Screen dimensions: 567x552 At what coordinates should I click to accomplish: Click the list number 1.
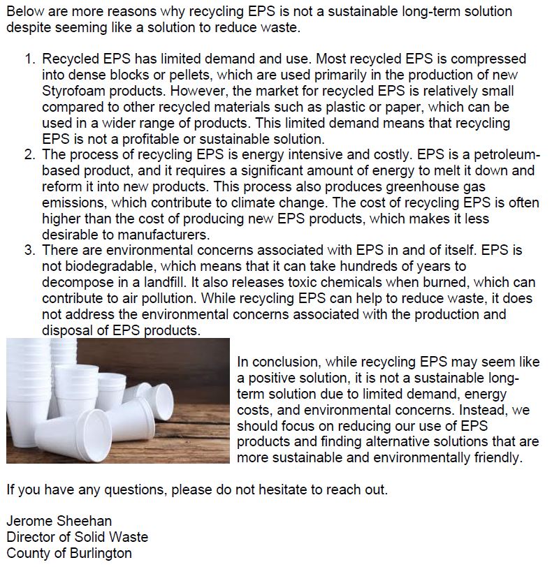[30, 59]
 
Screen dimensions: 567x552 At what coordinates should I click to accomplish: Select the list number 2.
[30, 154]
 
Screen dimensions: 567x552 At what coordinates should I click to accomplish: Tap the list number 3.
[30, 249]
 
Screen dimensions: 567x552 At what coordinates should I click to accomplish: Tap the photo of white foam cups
[117, 400]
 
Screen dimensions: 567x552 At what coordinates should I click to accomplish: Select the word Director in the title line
[29, 537]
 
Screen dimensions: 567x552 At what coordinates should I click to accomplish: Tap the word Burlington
[96, 554]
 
